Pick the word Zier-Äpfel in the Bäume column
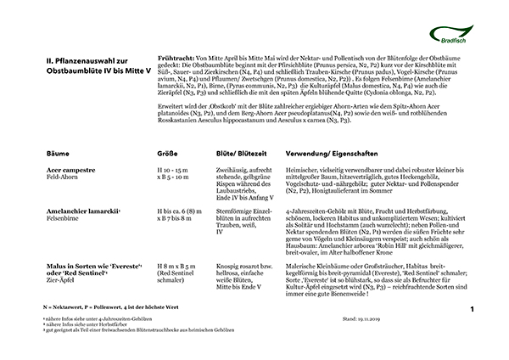coord(63,280)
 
